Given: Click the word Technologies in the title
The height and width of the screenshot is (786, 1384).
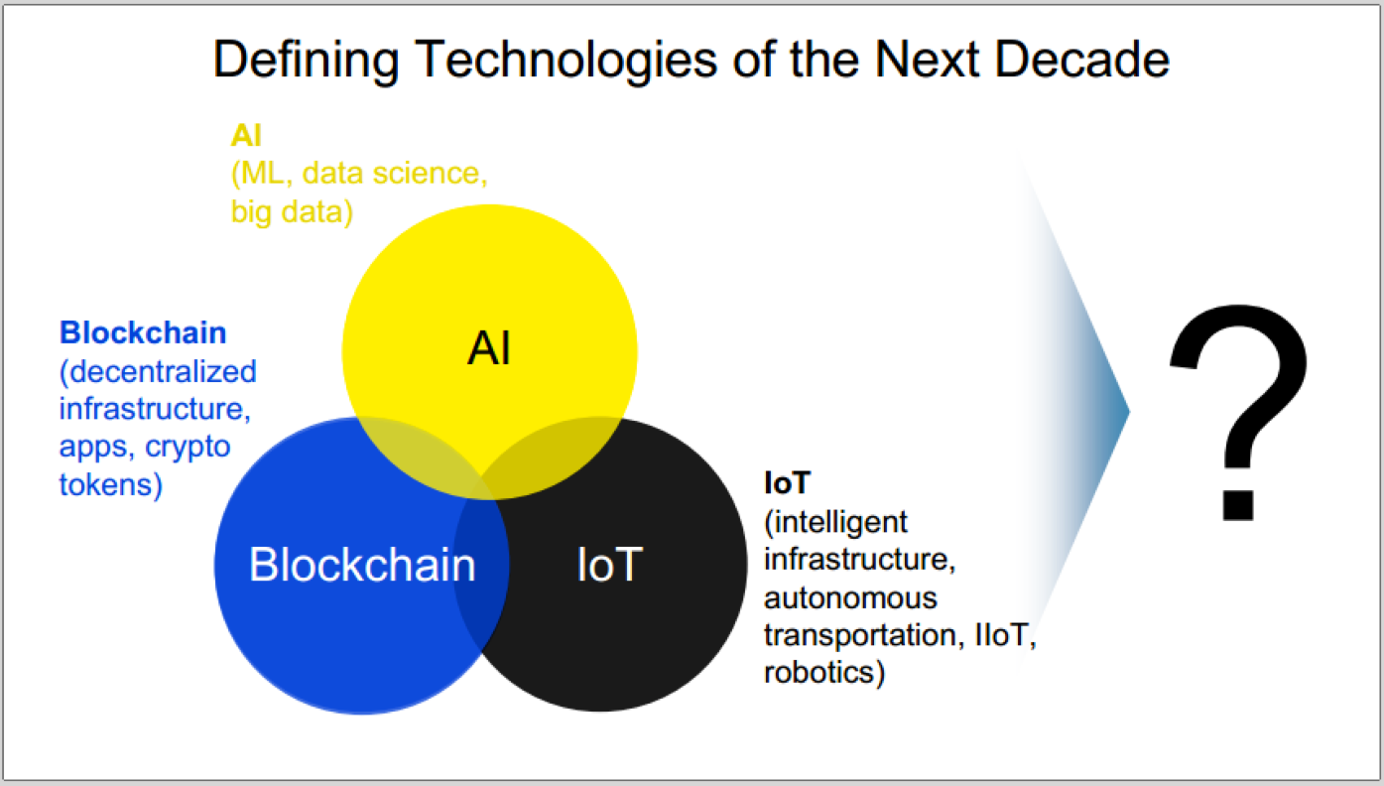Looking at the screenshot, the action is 566,61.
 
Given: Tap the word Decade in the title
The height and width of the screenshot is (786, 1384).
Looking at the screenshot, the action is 1081,60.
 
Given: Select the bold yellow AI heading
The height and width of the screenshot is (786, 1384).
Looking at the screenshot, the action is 246,135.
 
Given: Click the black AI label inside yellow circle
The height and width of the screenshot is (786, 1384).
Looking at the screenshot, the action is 489,348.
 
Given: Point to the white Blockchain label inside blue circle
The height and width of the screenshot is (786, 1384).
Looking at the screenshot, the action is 362,564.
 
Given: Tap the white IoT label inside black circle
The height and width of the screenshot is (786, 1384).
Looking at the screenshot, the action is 609,564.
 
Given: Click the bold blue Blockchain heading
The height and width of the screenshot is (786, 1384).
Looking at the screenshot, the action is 143,332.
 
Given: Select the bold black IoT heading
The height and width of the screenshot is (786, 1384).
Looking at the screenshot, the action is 787,482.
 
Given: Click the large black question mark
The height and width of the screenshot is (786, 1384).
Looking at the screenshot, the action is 1238,412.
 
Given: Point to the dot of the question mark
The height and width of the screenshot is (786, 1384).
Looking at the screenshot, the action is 1238,505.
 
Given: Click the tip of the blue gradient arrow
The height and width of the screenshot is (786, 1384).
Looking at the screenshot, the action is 1129,412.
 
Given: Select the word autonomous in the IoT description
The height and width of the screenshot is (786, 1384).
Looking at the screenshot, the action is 850,598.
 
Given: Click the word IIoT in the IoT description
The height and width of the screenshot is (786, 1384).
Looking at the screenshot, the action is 1002,634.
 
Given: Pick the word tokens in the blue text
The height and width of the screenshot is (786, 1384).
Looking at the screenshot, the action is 105,484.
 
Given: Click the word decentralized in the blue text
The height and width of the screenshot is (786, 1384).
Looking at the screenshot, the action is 163,371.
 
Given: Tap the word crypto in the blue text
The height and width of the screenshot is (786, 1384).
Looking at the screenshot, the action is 188,448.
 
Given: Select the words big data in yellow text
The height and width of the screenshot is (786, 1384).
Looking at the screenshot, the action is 287,212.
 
